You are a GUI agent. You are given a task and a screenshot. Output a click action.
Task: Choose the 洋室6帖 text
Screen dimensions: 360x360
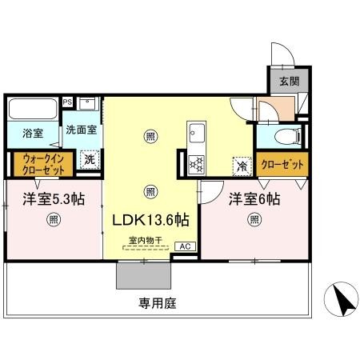pos(254,198)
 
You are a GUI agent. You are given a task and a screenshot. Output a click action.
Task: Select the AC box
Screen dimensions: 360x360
pos(183,246)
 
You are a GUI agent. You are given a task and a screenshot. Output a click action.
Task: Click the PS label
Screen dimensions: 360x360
pos(67,102)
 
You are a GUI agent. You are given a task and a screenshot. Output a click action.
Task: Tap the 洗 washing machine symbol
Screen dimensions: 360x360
pos(90,159)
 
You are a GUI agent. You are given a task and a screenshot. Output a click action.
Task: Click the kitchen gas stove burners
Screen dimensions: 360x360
pos(197,163)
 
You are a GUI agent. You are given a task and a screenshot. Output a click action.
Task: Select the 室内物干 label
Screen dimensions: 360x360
pos(144,239)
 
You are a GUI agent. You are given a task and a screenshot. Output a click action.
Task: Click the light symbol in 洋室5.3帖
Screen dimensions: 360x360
pos(53,218)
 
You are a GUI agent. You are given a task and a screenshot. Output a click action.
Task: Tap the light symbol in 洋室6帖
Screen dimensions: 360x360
pos(254,218)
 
